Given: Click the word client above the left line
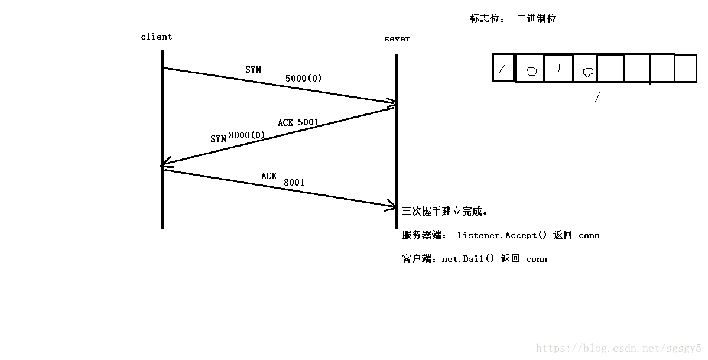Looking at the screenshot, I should tap(156, 37).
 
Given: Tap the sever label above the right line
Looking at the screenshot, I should tap(397, 39).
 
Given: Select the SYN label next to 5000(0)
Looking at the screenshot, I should tap(253, 70).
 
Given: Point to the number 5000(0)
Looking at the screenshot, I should tap(303, 78).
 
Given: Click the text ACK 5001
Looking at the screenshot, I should tap(298, 122).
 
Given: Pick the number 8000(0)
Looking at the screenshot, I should tap(246, 135).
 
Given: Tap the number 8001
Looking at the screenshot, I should tap(294, 183).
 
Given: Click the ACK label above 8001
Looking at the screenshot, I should tap(269, 176).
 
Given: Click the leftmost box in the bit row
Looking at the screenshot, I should tap(504, 68).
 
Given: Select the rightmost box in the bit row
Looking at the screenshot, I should tap(686, 68).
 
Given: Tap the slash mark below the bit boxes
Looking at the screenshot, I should tap(597, 98).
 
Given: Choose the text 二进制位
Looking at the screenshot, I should tap(536, 18).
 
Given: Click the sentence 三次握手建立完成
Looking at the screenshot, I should tap(444, 211).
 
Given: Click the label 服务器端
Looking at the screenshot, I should tap(424, 235).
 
